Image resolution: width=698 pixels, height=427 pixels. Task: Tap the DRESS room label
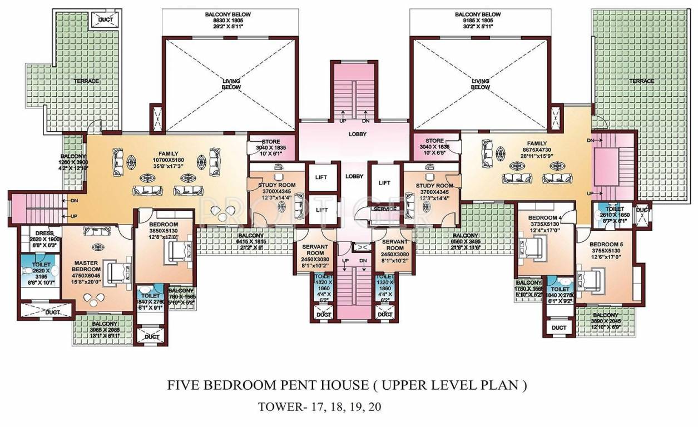point(44,234)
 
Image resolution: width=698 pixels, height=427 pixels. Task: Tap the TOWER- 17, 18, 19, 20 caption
point(320,406)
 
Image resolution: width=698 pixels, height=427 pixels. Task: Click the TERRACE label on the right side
point(641,81)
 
